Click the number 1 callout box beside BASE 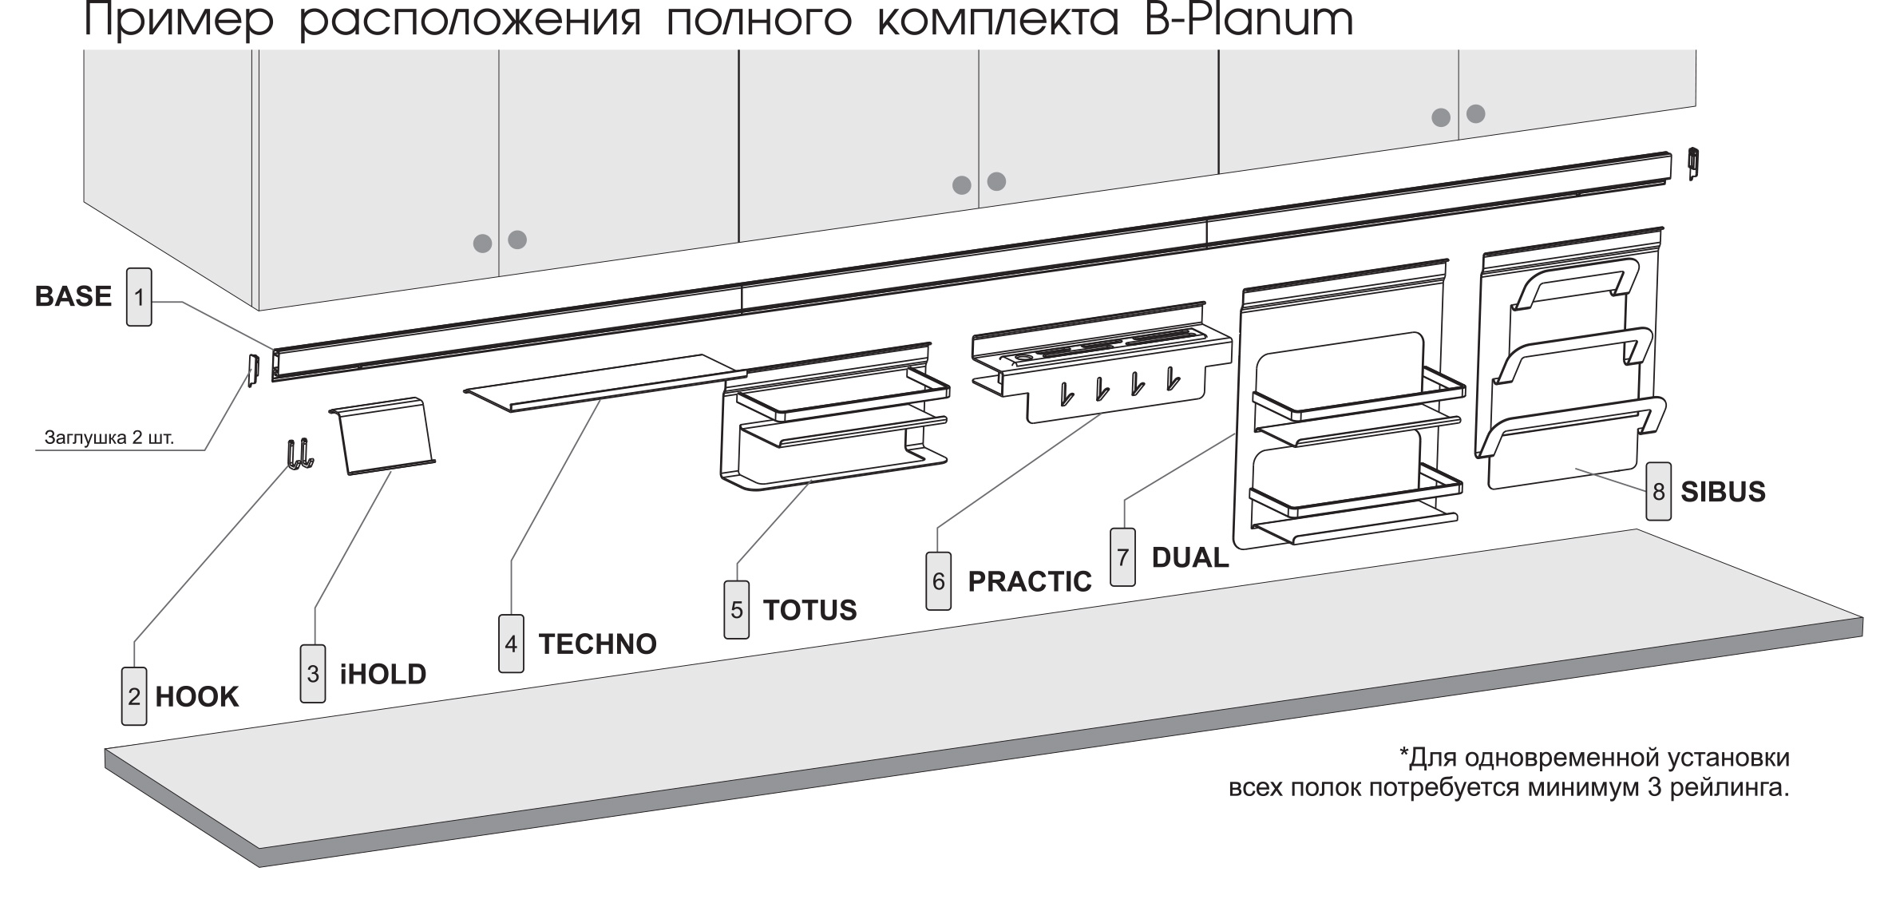[x=139, y=297]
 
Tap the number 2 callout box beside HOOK [x=134, y=696]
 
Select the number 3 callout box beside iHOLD [x=313, y=674]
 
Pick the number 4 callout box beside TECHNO [x=511, y=644]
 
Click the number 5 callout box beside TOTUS [x=736, y=610]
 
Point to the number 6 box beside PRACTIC [x=939, y=581]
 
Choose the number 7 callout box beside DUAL [x=1122, y=557]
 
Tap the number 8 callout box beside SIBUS [x=1658, y=492]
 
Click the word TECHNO [x=597, y=644]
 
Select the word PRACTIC [x=1029, y=581]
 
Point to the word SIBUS [x=1723, y=492]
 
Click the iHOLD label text [x=383, y=674]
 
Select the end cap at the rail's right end [x=1692, y=164]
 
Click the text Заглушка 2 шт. [x=109, y=438]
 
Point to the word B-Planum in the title [x=1248, y=21]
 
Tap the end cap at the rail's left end [x=251, y=370]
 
